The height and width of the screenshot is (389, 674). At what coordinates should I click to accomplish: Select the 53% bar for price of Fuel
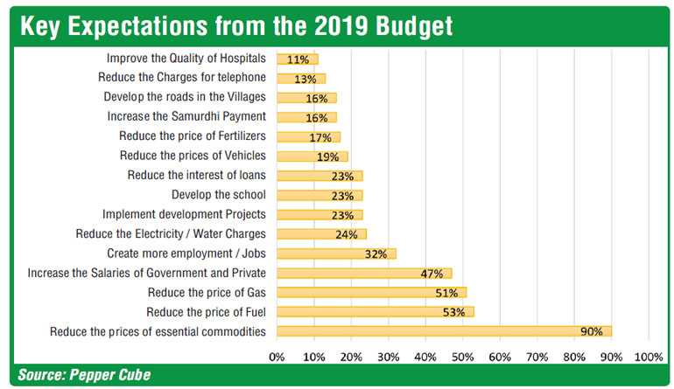[x=375, y=311]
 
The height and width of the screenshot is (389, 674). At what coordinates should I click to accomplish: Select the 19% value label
[x=328, y=156]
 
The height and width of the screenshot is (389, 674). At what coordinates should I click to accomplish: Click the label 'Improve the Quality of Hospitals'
[x=186, y=59]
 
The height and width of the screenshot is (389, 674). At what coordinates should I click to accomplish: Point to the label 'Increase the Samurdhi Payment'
[x=186, y=116]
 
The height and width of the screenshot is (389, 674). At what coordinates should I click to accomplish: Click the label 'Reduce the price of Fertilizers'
[x=192, y=135]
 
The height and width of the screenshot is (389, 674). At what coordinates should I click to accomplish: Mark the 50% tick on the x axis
[x=463, y=357]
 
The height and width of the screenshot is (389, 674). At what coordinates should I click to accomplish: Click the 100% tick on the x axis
[x=649, y=357]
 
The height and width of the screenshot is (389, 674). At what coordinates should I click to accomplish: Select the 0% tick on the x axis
[x=277, y=357]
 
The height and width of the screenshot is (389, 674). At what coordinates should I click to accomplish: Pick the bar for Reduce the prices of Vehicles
[x=312, y=156]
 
